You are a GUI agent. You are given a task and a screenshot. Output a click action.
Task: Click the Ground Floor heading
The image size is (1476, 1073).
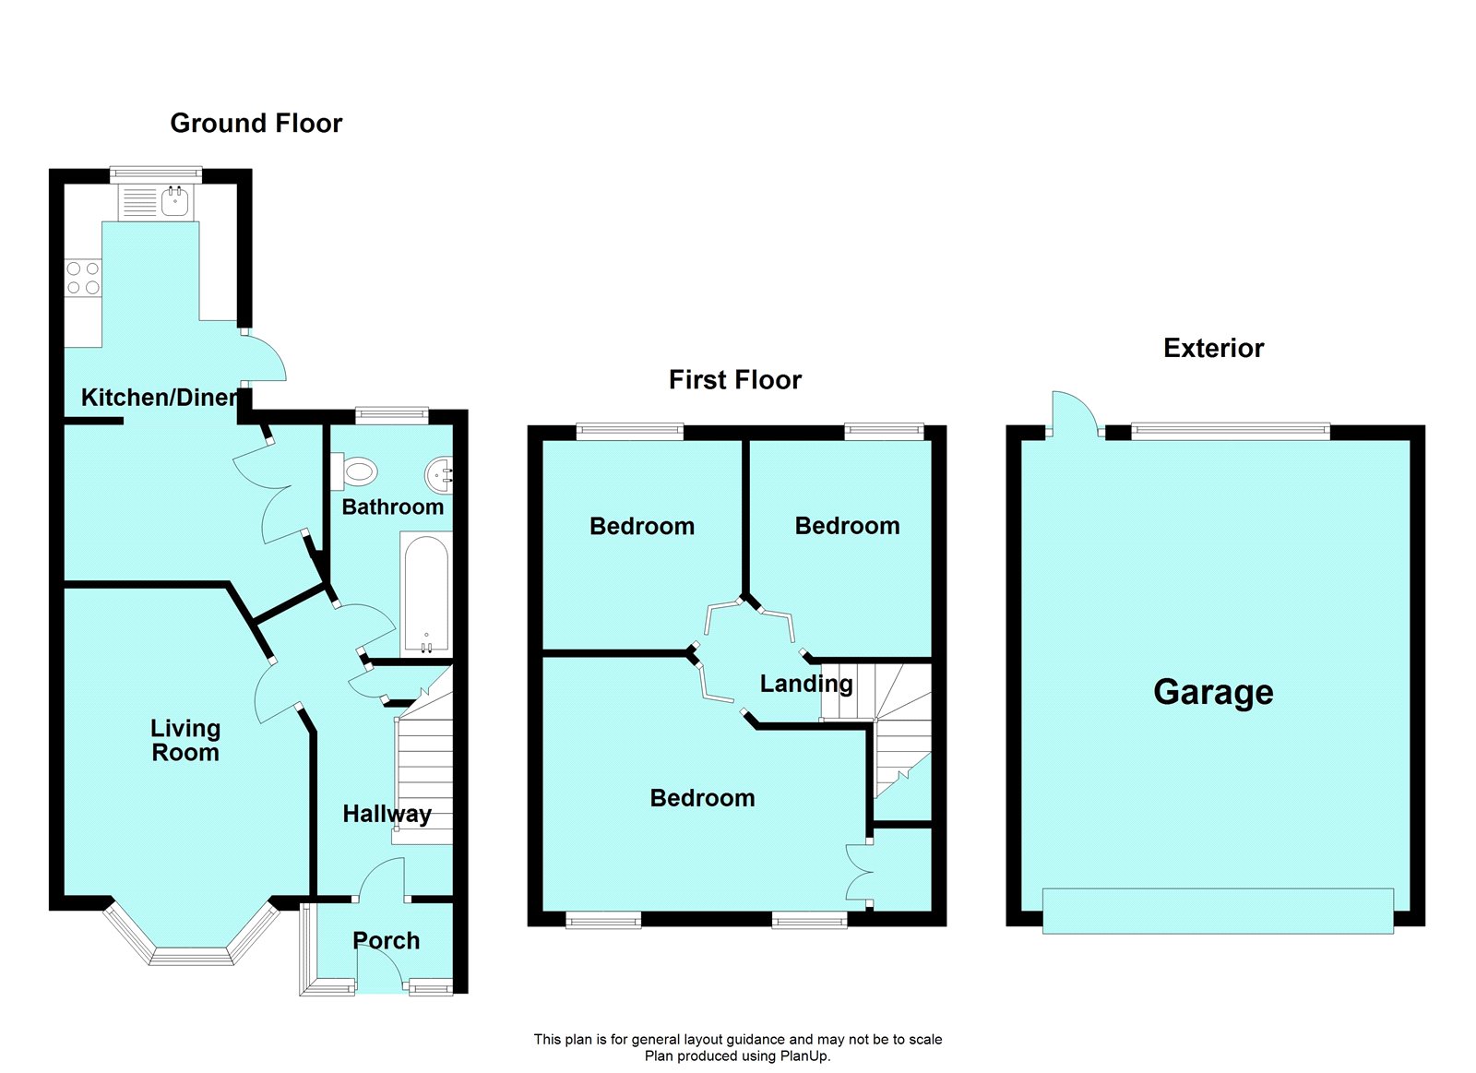coord(256,123)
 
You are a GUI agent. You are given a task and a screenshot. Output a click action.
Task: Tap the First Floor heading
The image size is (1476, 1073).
coord(734,379)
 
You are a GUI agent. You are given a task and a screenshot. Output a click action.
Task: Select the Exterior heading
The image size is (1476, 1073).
coord(1213,348)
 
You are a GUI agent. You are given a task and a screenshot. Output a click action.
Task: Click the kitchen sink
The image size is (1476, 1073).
coord(174,201)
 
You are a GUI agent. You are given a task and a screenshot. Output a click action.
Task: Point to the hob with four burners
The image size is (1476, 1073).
coord(83,278)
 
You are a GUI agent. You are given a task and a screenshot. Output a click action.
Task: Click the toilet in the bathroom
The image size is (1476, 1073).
coord(355,472)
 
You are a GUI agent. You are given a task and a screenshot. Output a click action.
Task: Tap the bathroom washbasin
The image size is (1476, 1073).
coord(439,476)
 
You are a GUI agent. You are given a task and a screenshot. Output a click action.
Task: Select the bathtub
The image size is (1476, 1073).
coord(425,595)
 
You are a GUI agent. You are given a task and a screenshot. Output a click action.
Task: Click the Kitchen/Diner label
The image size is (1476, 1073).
coord(160,398)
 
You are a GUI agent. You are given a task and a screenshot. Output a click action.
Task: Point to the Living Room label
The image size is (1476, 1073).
coord(185,740)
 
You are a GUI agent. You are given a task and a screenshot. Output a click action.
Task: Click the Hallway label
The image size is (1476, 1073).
coord(387,814)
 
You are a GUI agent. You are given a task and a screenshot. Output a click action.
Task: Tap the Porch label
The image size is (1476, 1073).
coord(386,940)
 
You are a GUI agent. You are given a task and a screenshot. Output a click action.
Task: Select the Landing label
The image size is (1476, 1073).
coord(805,684)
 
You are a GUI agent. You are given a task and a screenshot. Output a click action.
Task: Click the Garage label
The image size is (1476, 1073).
coord(1213,692)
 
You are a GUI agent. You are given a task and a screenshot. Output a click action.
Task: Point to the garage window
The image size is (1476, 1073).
coord(1231,429)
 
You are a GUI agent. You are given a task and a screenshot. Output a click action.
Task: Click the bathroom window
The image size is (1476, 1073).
coord(392,415)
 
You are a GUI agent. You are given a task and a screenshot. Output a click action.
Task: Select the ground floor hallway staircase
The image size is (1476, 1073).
coord(424,775)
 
